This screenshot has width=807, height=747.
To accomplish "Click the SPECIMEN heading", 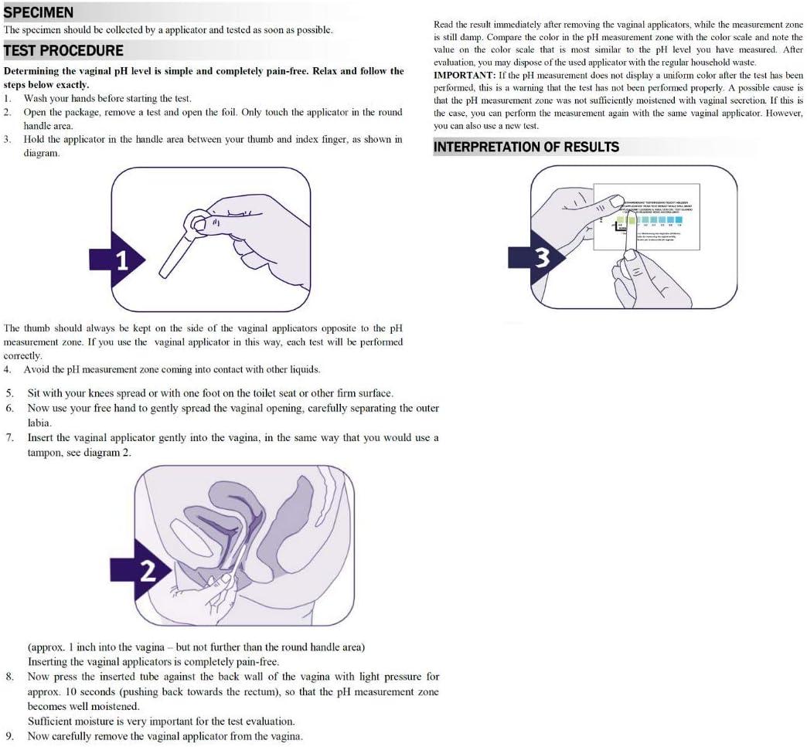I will click(x=39, y=12).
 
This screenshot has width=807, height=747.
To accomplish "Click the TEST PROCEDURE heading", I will click(x=63, y=51).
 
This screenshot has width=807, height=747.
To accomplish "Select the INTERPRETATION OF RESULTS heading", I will click(x=526, y=147).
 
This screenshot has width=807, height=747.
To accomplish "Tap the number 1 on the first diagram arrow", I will click(x=122, y=260).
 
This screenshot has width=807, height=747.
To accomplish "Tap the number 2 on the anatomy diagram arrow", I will click(x=148, y=571).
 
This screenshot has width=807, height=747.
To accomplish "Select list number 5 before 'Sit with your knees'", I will click(x=9, y=394).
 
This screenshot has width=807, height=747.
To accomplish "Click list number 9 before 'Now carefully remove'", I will click(x=9, y=736).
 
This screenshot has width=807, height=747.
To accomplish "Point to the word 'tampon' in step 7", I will click(x=45, y=453).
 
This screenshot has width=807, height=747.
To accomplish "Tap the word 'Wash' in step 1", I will click(x=37, y=99).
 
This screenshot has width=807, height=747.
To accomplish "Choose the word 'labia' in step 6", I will click(x=40, y=423).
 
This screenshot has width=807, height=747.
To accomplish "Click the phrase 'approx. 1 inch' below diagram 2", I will click(x=62, y=647).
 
